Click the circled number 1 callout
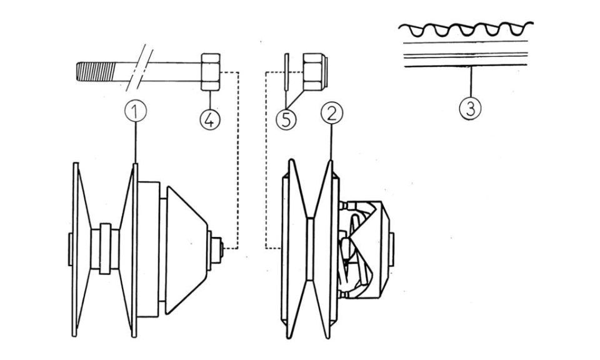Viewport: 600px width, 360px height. pyautogui.click(x=136, y=111)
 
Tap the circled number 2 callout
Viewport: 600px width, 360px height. pyautogui.click(x=332, y=113)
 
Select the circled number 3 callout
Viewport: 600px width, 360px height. pyautogui.click(x=470, y=109)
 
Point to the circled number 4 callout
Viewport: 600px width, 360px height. pyautogui.click(x=210, y=120)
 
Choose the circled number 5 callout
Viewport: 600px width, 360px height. pyautogui.click(x=286, y=120)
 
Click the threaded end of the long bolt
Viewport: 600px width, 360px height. pyautogui.click(x=96, y=71)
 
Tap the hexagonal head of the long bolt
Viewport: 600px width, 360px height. pyautogui.click(x=211, y=72)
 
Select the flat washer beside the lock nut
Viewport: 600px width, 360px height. pyautogui.click(x=286, y=72)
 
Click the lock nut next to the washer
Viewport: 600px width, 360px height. pyautogui.click(x=315, y=72)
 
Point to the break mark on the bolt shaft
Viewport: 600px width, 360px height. pyautogui.click(x=139, y=68)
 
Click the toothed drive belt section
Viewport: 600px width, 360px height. pyautogui.click(x=466, y=44)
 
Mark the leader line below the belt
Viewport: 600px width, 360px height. pyautogui.click(x=471, y=82)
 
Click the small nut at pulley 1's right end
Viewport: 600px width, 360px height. pyautogui.click(x=217, y=251)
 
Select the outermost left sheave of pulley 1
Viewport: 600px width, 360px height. pyautogui.click(x=81, y=249)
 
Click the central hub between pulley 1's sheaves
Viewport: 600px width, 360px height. pyautogui.click(x=105, y=249)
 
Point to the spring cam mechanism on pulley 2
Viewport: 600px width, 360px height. pyautogui.click(x=364, y=249)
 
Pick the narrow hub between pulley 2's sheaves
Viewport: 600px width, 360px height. pyautogui.click(x=310, y=249)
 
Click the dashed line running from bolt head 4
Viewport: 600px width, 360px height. pyautogui.click(x=238, y=161)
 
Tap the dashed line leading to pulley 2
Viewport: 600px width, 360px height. pyautogui.click(x=266, y=161)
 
